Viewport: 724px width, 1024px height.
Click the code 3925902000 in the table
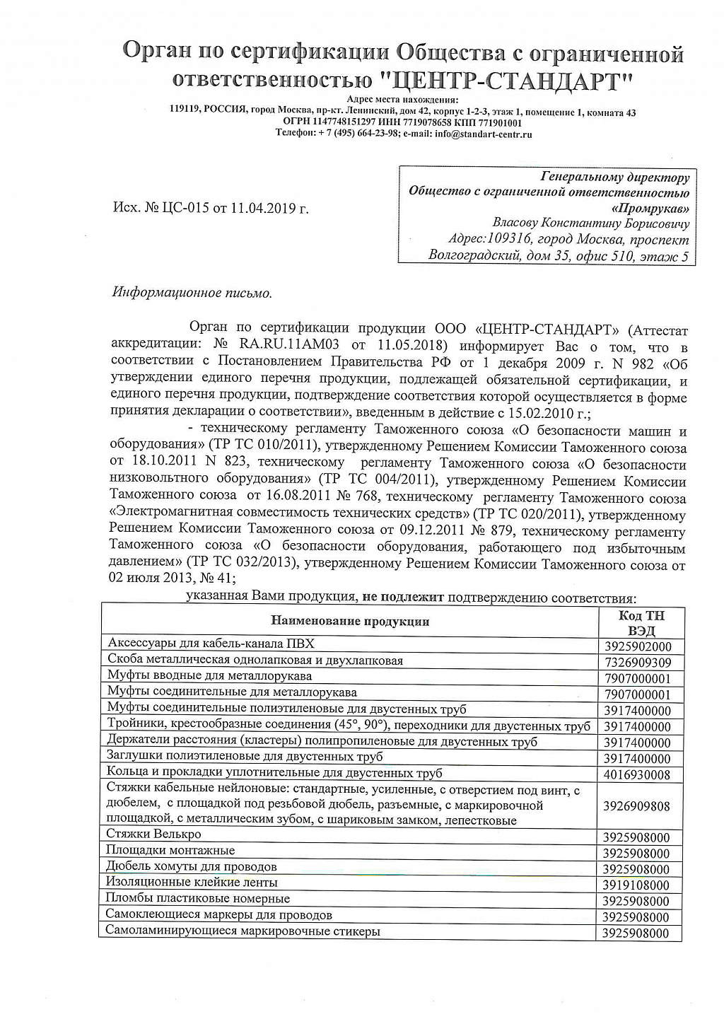pos(637,646)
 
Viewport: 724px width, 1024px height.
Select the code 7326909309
pos(637,663)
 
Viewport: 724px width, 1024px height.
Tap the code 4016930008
pos(637,775)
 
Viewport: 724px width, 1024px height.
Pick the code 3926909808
pos(637,806)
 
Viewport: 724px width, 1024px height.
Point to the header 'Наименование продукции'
pos(350,622)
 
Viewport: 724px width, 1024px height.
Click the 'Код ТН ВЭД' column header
pos(641,623)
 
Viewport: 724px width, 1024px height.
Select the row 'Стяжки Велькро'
pos(153,834)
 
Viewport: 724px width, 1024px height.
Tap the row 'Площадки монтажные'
pos(170,850)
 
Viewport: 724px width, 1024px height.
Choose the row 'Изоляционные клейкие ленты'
pos(192,882)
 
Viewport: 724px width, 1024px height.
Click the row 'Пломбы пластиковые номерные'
pos(198,898)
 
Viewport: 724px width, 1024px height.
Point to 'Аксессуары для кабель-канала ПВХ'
pos(211,643)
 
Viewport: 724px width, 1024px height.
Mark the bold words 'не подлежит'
pos(402,596)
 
